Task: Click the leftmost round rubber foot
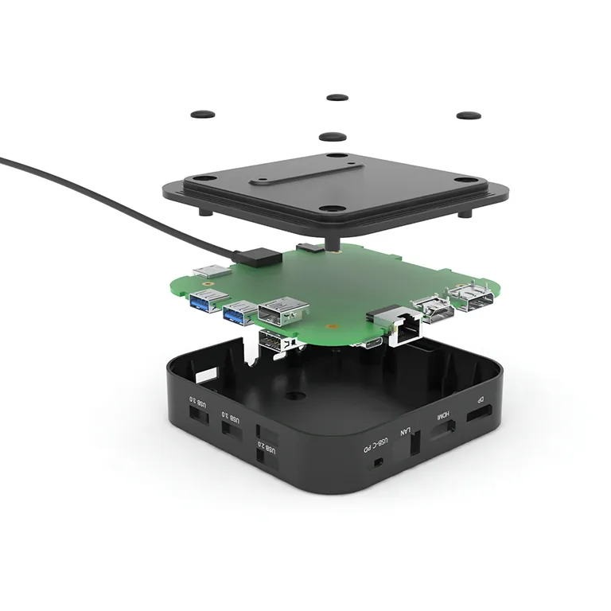204,115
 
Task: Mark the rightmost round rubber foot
468,115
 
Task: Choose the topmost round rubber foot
337,97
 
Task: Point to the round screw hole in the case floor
294,395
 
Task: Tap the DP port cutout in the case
479,414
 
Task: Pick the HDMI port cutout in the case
443,430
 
